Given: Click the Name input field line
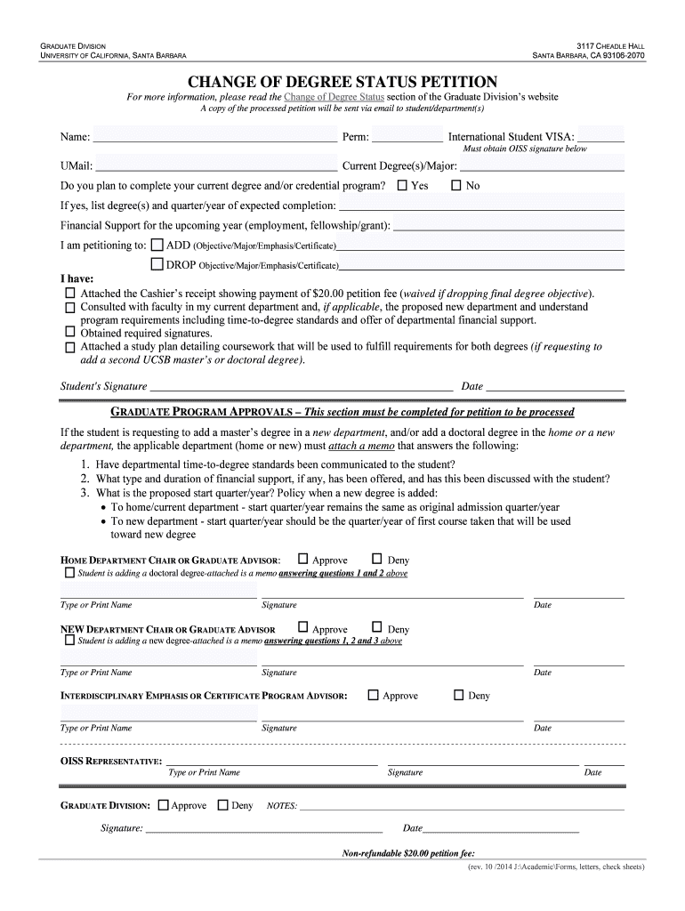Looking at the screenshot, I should [x=214, y=138].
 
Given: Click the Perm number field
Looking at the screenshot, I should [x=407, y=138].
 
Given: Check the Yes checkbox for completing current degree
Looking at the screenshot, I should [x=402, y=186].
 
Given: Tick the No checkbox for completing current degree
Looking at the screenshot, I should [x=456, y=186].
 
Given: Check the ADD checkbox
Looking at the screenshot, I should [x=157, y=244].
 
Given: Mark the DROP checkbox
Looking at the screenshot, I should [x=157, y=264].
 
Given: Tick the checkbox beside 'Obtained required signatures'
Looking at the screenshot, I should [x=70, y=333].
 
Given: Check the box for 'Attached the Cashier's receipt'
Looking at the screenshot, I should [x=70, y=293].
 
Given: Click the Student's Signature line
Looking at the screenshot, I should [x=301, y=387].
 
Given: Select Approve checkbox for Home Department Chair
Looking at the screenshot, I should [x=303, y=560].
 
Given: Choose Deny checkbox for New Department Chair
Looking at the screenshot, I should [x=376, y=628].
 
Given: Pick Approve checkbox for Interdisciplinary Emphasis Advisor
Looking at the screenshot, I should [x=373, y=695].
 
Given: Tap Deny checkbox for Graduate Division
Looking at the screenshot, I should [x=222, y=805].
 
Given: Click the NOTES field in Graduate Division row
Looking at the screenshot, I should [x=462, y=806].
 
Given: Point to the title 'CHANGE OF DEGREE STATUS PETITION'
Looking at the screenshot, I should [x=342, y=81].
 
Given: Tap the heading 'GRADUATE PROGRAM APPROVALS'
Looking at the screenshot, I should [x=204, y=413].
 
